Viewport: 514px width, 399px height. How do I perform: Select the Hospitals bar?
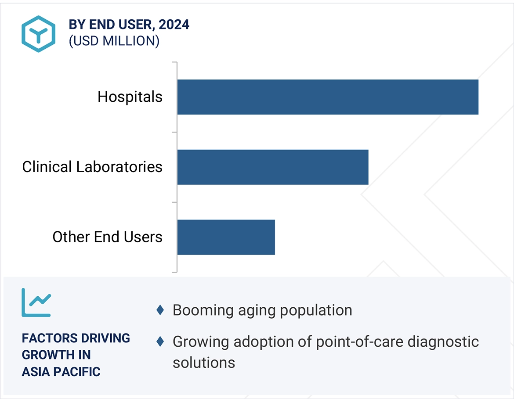pyautogui.click(x=327, y=97)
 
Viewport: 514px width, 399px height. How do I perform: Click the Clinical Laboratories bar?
pyautogui.click(x=272, y=167)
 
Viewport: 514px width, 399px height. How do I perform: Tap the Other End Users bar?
pyautogui.click(x=226, y=237)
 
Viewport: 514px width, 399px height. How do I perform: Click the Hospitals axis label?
pyautogui.click(x=130, y=97)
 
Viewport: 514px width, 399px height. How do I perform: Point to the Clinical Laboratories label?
pyautogui.click(x=92, y=167)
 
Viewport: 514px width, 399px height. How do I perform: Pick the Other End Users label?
pyautogui.click(x=108, y=237)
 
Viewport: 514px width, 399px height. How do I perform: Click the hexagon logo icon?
pyautogui.click(x=39, y=34)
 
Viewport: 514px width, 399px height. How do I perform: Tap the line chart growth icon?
pyautogui.click(x=36, y=302)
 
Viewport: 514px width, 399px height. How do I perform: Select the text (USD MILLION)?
pyautogui.click(x=114, y=41)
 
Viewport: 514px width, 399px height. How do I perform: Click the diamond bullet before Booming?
pyautogui.click(x=160, y=310)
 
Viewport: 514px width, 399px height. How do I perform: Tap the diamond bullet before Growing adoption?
pyautogui.click(x=160, y=341)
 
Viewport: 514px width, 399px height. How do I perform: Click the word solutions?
pyautogui.click(x=204, y=363)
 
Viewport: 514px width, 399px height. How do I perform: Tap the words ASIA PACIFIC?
pyautogui.click(x=61, y=372)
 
